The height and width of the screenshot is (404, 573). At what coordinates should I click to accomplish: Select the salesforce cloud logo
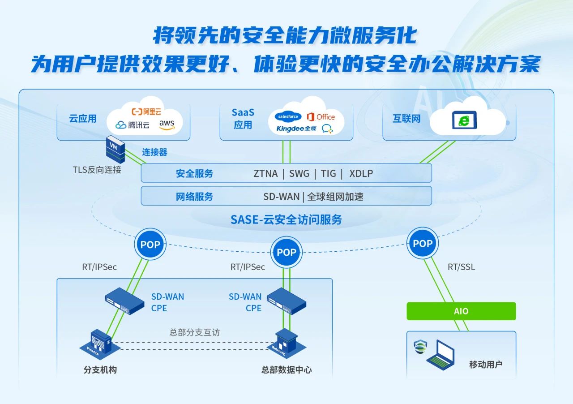(288, 116)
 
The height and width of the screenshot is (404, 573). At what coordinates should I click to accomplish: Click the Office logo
(321, 117)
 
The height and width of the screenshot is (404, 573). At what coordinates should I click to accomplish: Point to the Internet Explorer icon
(464, 120)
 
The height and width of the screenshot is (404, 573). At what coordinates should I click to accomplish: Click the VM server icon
(115, 149)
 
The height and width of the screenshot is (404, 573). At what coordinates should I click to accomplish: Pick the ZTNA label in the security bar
(265, 174)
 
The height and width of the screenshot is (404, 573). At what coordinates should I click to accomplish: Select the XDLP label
(361, 174)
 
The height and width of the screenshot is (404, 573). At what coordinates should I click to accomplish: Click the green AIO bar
(461, 311)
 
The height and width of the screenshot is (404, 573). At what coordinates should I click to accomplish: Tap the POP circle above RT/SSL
(423, 244)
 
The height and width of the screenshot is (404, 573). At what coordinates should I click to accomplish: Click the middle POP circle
(286, 252)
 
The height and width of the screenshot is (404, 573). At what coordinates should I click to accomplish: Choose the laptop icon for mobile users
(441, 355)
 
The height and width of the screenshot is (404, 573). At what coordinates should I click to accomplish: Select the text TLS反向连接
(97, 170)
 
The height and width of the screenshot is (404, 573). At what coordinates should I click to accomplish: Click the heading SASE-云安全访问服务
(286, 219)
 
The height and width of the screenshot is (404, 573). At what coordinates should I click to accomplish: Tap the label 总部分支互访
(195, 332)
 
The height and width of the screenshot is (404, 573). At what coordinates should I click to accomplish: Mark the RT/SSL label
(462, 267)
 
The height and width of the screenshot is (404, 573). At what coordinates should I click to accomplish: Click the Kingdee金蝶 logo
(296, 129)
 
